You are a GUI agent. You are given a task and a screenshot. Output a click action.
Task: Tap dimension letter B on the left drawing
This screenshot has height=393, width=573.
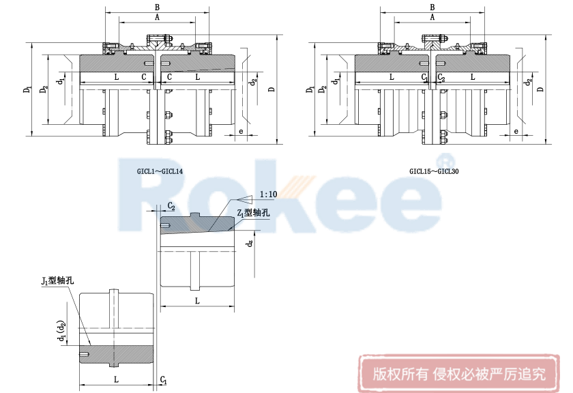click(x=158, y=8)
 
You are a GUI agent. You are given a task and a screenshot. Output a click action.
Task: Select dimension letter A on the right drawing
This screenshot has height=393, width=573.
click(x=432, y=17)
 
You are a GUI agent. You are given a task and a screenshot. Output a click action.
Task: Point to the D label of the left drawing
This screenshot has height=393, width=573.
click(x=271, y=89)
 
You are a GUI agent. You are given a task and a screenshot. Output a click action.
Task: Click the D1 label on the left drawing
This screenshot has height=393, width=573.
click(x=27, y=88)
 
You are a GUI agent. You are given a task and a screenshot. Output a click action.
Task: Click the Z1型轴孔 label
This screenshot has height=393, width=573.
click(x=252, y=214)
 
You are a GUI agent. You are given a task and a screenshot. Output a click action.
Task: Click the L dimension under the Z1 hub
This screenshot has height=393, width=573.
click(x=196, y=300)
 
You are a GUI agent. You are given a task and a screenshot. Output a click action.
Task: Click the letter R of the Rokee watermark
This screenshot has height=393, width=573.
click(x=147, y=188)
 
